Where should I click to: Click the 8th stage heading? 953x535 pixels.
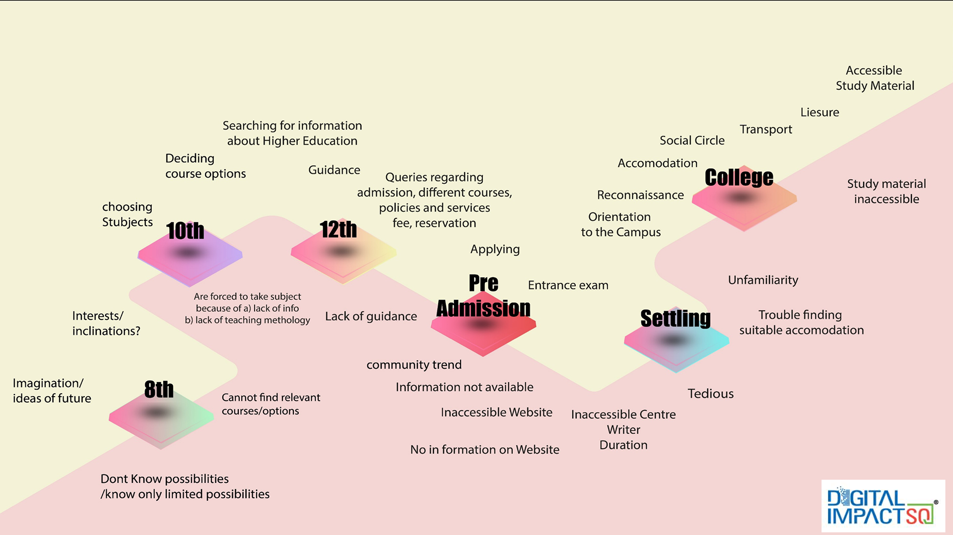159,390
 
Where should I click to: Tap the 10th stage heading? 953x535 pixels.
185,231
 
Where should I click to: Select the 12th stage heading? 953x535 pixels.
338,229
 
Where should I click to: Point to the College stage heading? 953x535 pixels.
739,178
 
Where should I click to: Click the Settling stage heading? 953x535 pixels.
675,318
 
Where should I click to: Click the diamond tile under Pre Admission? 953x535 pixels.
483,330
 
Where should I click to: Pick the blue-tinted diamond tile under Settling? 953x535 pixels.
676,345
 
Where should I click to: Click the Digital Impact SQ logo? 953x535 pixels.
883,506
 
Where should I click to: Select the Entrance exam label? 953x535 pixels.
568,285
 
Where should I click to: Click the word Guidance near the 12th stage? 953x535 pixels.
334,170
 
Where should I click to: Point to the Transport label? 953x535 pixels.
765,130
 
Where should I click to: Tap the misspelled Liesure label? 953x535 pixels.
819,113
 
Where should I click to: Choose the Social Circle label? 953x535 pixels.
692,141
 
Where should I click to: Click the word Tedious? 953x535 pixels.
710,394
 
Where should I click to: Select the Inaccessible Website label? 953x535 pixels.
496,412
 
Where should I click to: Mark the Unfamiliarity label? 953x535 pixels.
763,280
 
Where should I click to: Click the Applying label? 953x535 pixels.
495,249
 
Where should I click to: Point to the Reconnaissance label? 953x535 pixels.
640,195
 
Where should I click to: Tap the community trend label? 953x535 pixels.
414,365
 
